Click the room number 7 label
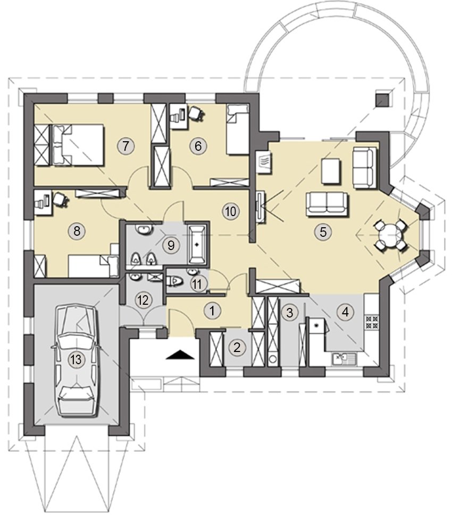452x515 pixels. [x=125, y=145]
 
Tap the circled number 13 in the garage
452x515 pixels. [x=76, y=359]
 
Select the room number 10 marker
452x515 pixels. [x=231, y=211]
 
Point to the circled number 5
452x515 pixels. [x=323, y=232]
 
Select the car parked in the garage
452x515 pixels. [x=77, y=360]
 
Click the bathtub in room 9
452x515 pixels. [x=197, y=244]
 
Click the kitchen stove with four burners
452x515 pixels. [x=372, y=322]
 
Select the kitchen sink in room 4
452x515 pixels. [x=344, y=359]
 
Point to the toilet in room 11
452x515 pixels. [x=175, y=281]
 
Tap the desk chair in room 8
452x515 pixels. [x=60, y=199]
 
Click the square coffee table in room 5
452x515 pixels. [x=331, y=171]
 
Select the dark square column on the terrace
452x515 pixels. [x=383, y=99]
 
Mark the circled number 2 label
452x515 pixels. [x=237, y=347]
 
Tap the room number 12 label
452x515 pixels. [x=144, y=300]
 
